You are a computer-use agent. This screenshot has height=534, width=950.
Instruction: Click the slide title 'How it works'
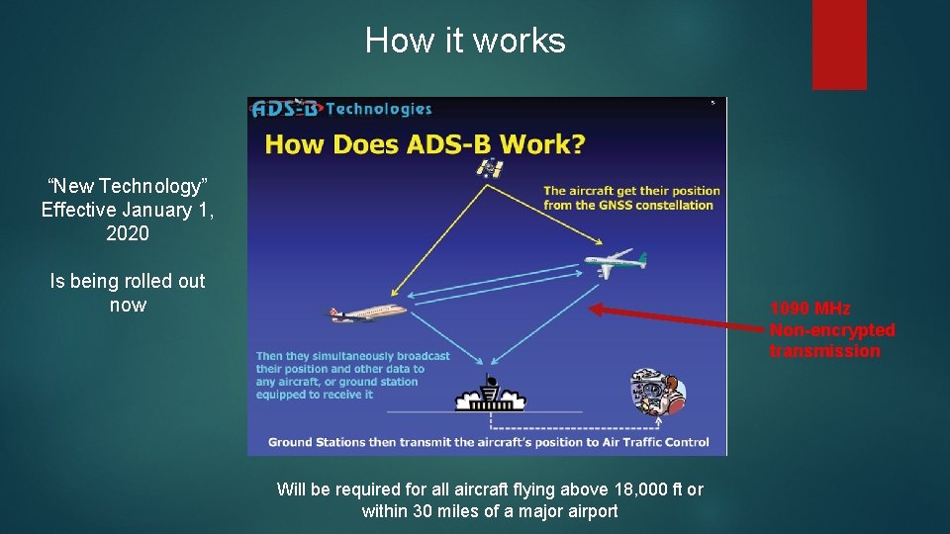click(465, 41)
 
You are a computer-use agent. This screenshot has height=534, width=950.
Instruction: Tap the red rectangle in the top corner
click(838, 44)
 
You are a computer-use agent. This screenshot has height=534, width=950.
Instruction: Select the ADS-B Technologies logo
click(342, 109)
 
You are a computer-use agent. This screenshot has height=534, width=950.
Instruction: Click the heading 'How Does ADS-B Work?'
click(425, 144)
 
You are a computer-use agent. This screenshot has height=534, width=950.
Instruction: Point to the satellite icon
click(490, 167)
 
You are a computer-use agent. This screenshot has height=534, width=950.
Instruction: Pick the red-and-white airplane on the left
click(367, 312)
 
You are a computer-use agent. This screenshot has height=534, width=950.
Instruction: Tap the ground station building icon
click(490, 397)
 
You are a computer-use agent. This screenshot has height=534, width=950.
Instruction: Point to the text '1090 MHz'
click(809, 309)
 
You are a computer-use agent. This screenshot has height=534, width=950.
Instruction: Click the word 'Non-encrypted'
click(831, 330)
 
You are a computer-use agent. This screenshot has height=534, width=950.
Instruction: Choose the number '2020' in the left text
click(128, 233)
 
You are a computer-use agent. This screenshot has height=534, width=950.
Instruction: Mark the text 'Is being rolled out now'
click(128, 293)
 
